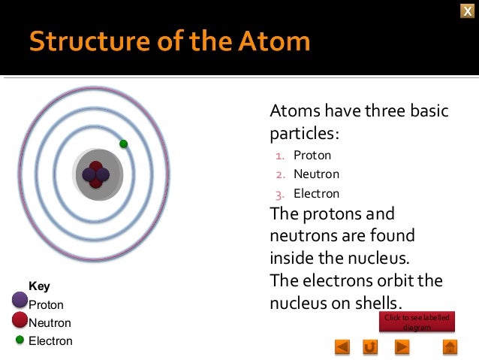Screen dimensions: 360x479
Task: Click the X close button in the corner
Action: pos(467,9)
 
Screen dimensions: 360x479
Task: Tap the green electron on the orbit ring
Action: pos(124,144)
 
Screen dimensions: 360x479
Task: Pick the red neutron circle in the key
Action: pos(20,320)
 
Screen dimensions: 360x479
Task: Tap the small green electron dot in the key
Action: pos(20,340)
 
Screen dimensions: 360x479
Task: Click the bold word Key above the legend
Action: pos(39,286)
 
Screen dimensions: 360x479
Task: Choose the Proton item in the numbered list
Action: pos(312,156)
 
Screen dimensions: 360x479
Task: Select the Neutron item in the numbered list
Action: pos(315,174)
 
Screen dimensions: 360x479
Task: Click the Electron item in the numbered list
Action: pos(316,193)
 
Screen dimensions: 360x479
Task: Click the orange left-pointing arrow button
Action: pos(342,346)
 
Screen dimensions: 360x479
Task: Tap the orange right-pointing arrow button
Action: pos(402,346)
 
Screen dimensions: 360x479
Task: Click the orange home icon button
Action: pos(450,346)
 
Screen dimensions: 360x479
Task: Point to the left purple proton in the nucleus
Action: pos(89,176)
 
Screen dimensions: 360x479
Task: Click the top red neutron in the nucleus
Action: pos(96,167)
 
